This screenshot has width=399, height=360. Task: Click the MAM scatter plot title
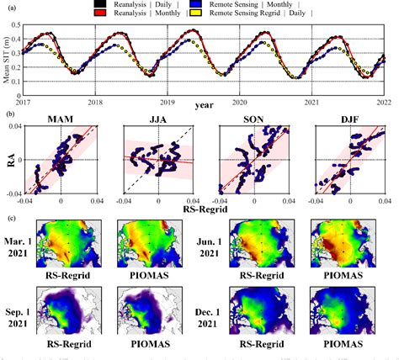coord(60,118)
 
